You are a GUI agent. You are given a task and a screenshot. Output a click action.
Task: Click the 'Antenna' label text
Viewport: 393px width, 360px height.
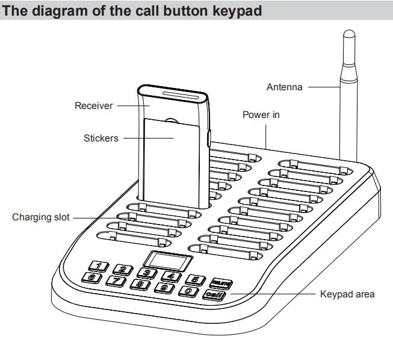[x=285, y=88]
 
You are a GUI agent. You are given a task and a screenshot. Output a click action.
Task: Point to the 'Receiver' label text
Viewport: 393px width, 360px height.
[x=93, y=107]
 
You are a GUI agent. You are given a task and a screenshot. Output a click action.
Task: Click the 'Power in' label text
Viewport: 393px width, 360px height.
[x=259, y=116]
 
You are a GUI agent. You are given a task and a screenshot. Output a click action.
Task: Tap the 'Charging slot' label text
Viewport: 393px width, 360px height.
[x=38, y=217]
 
